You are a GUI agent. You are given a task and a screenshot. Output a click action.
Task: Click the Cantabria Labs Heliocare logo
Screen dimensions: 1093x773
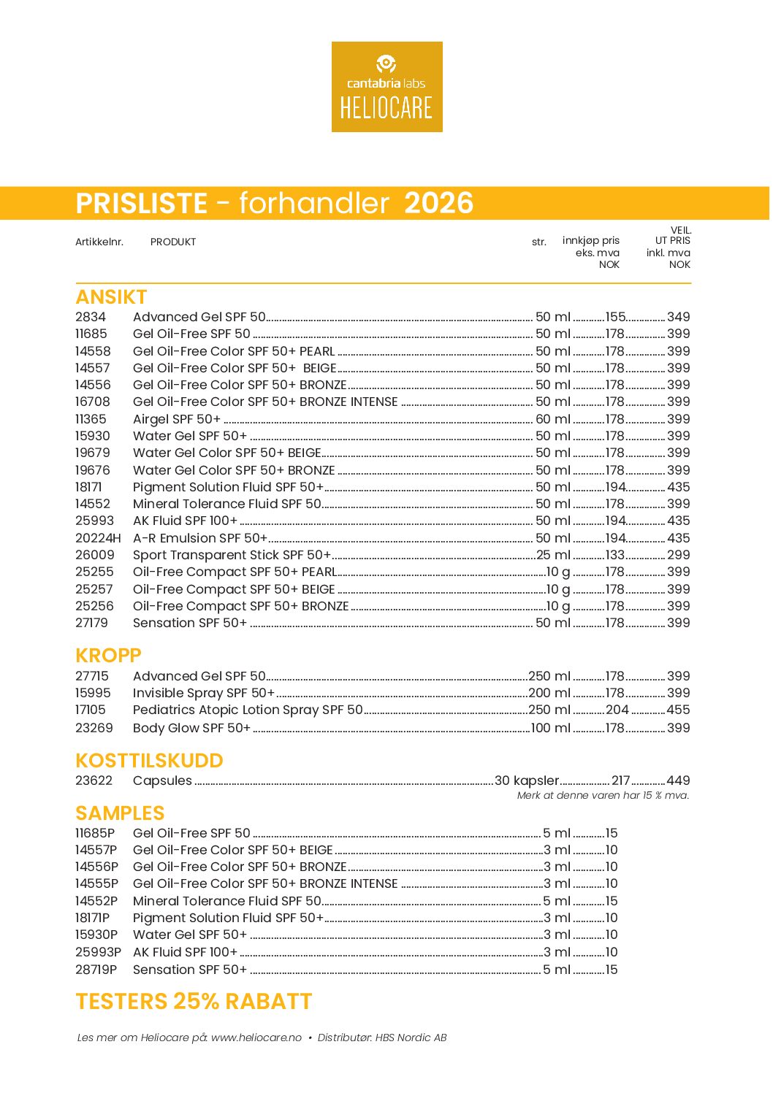(x=386, y=87)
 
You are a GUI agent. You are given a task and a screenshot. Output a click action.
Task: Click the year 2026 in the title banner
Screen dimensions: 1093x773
(x=438, y=203)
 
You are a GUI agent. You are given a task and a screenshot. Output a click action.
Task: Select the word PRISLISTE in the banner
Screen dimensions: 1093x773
(x=142, y=203)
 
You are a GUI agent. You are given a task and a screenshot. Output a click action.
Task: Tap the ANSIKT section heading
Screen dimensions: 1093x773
(x=111, y=297)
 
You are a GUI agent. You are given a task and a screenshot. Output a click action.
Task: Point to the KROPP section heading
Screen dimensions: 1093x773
(x=108, y=655)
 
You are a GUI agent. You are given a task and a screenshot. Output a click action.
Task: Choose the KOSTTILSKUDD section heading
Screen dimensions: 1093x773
(x=149, y=760)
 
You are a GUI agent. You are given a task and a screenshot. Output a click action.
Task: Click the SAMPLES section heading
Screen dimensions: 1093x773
(x=120, y=813)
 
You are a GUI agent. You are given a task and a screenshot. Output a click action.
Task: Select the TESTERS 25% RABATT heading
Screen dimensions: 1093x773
(x=194, y=1001)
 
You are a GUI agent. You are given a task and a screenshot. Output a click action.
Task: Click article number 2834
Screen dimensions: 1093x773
(x=91, y=317)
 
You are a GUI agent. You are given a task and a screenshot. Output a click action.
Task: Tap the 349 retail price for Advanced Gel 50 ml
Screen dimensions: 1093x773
(x=678, y=317)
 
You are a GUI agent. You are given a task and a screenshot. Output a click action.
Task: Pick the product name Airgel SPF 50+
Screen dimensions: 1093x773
(x=177, y=419)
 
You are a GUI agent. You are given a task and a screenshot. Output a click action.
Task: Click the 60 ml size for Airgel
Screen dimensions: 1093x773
(x=552, y=419)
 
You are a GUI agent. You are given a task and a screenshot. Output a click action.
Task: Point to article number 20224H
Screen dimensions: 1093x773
(x=98, y=538)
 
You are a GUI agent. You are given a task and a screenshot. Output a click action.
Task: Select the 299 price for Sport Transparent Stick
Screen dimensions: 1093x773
(x=678, y=555)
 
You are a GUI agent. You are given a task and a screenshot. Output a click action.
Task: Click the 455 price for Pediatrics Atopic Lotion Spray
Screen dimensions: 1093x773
(x=678, y=710)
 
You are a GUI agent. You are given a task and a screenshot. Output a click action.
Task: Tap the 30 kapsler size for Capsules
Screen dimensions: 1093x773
(x=527, y=781)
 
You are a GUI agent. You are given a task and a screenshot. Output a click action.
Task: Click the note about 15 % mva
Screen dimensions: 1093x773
(x=603, y=795)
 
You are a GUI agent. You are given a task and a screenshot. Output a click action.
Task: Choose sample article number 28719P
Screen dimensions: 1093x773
(x=96, y=970)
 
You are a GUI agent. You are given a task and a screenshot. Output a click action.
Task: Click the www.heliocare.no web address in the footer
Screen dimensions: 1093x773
(x=256, y=1038)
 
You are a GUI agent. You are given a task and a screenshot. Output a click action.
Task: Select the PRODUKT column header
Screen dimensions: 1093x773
(x=173, y=242)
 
